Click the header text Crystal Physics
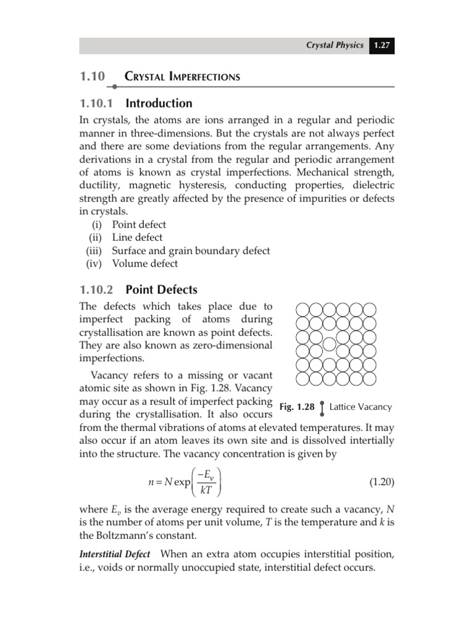tap(336, 46)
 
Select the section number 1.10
tap(92, 77)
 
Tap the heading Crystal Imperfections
tap(182, 77)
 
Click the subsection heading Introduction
tap(159, 103)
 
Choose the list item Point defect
tap(139, 225)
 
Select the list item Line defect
tap(137, 238)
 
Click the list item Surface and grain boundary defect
tap(191, 251)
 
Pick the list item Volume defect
tap(144, 264)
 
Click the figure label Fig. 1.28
tap(297, 407)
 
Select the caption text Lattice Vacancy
tap(360, 407)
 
